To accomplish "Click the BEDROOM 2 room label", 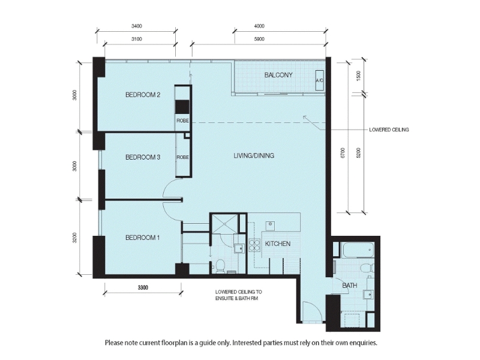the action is pyautogui.click(x=143, y=95).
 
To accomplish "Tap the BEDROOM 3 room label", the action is pyautogui.click(x=143, y=157).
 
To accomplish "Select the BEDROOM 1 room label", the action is pyautogui.click(x=143, y=238).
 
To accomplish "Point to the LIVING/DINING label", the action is pyautogui.click(x=254, y=155).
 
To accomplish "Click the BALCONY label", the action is pyautogui.click(x=278, y=75).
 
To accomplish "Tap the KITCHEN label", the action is pyautogui.click(x=278, y=244).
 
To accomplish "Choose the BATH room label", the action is pyautogui.click(x=350, y=286).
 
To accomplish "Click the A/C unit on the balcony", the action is pyautogui.click(x=320, y=80).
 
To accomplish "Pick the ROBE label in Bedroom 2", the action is pyautogui.click(x=182, y=121).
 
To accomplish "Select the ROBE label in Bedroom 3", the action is pyautogui.click(x=182, y=157).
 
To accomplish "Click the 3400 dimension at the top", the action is pyautogui.click(x=137, y=26).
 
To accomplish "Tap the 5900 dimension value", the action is pyautogui.click(x=259, y=39).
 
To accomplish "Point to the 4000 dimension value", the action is pyautogui.click(x=259, y=26).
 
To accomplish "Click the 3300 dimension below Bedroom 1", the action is pyautogui.click(x=143, y=287).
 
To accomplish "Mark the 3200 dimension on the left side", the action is pyautogui.click(x=74, y=238).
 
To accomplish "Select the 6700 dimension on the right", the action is pyautogui.click(x=343, y=153).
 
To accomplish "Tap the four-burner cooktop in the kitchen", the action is pyautogui.click(x=254, y=245).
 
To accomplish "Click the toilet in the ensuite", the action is pyautogui.click(x=220, y=266).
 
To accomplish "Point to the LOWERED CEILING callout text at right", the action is pyautogui.click(x=389, y=130).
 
